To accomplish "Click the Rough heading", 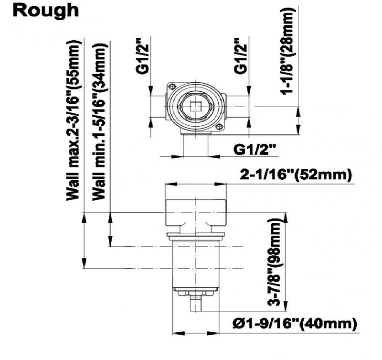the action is point(46,11).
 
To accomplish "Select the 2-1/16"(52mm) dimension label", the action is point(296,175).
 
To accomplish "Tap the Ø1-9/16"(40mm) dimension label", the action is point(295,324).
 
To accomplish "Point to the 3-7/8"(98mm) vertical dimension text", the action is point(274,262).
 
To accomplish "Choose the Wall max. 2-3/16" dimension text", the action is point(73,120).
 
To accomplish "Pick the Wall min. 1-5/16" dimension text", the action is point(99,122).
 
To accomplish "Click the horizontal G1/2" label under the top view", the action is point(255,149).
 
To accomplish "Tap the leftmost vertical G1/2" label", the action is point(142,56).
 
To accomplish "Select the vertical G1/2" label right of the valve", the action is point(240,56).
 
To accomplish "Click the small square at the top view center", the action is point(195,107).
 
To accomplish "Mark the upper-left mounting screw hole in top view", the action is point(172,87).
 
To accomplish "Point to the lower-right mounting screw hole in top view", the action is point(219,127).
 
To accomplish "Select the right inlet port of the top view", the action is point(237,107).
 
